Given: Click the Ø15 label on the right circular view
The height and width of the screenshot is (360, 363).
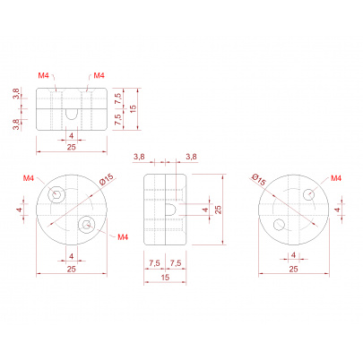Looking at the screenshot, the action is click(258, 179).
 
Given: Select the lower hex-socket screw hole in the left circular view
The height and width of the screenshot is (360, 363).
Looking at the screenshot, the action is click(87, 224).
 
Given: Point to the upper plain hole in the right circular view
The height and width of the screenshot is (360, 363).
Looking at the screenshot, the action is click(309, 195).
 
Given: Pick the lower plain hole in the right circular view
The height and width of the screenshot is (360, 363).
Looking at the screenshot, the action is click(279, 225).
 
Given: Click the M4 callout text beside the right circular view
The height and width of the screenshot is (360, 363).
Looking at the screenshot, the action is click(336, 178).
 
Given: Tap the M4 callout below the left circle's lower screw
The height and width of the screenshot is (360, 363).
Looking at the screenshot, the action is click(123, 237).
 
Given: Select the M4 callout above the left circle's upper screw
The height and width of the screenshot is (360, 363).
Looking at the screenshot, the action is click(29, 178).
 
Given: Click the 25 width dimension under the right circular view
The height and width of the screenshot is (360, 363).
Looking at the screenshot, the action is click(293, 269).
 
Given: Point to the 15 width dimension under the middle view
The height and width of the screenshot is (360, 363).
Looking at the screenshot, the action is click(165, 278).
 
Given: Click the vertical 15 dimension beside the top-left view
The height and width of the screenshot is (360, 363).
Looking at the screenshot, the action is click(134, 108).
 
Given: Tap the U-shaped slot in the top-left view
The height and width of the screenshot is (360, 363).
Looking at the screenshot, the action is click(72, 114).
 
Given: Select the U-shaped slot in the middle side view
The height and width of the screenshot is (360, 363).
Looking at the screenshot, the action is click(171, 210).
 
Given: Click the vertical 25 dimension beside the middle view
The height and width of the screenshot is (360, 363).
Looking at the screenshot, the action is click(219, 210).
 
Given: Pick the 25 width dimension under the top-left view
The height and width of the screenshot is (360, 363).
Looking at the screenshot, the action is click(72, 147).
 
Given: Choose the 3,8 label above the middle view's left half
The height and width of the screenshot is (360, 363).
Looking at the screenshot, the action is click(139, 157).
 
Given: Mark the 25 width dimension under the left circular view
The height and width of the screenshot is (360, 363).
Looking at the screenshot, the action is click(72, 269).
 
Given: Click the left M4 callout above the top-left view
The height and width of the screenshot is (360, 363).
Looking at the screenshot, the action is click(43, 75).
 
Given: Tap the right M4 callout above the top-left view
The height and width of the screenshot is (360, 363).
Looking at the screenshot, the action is click(99, 75).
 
